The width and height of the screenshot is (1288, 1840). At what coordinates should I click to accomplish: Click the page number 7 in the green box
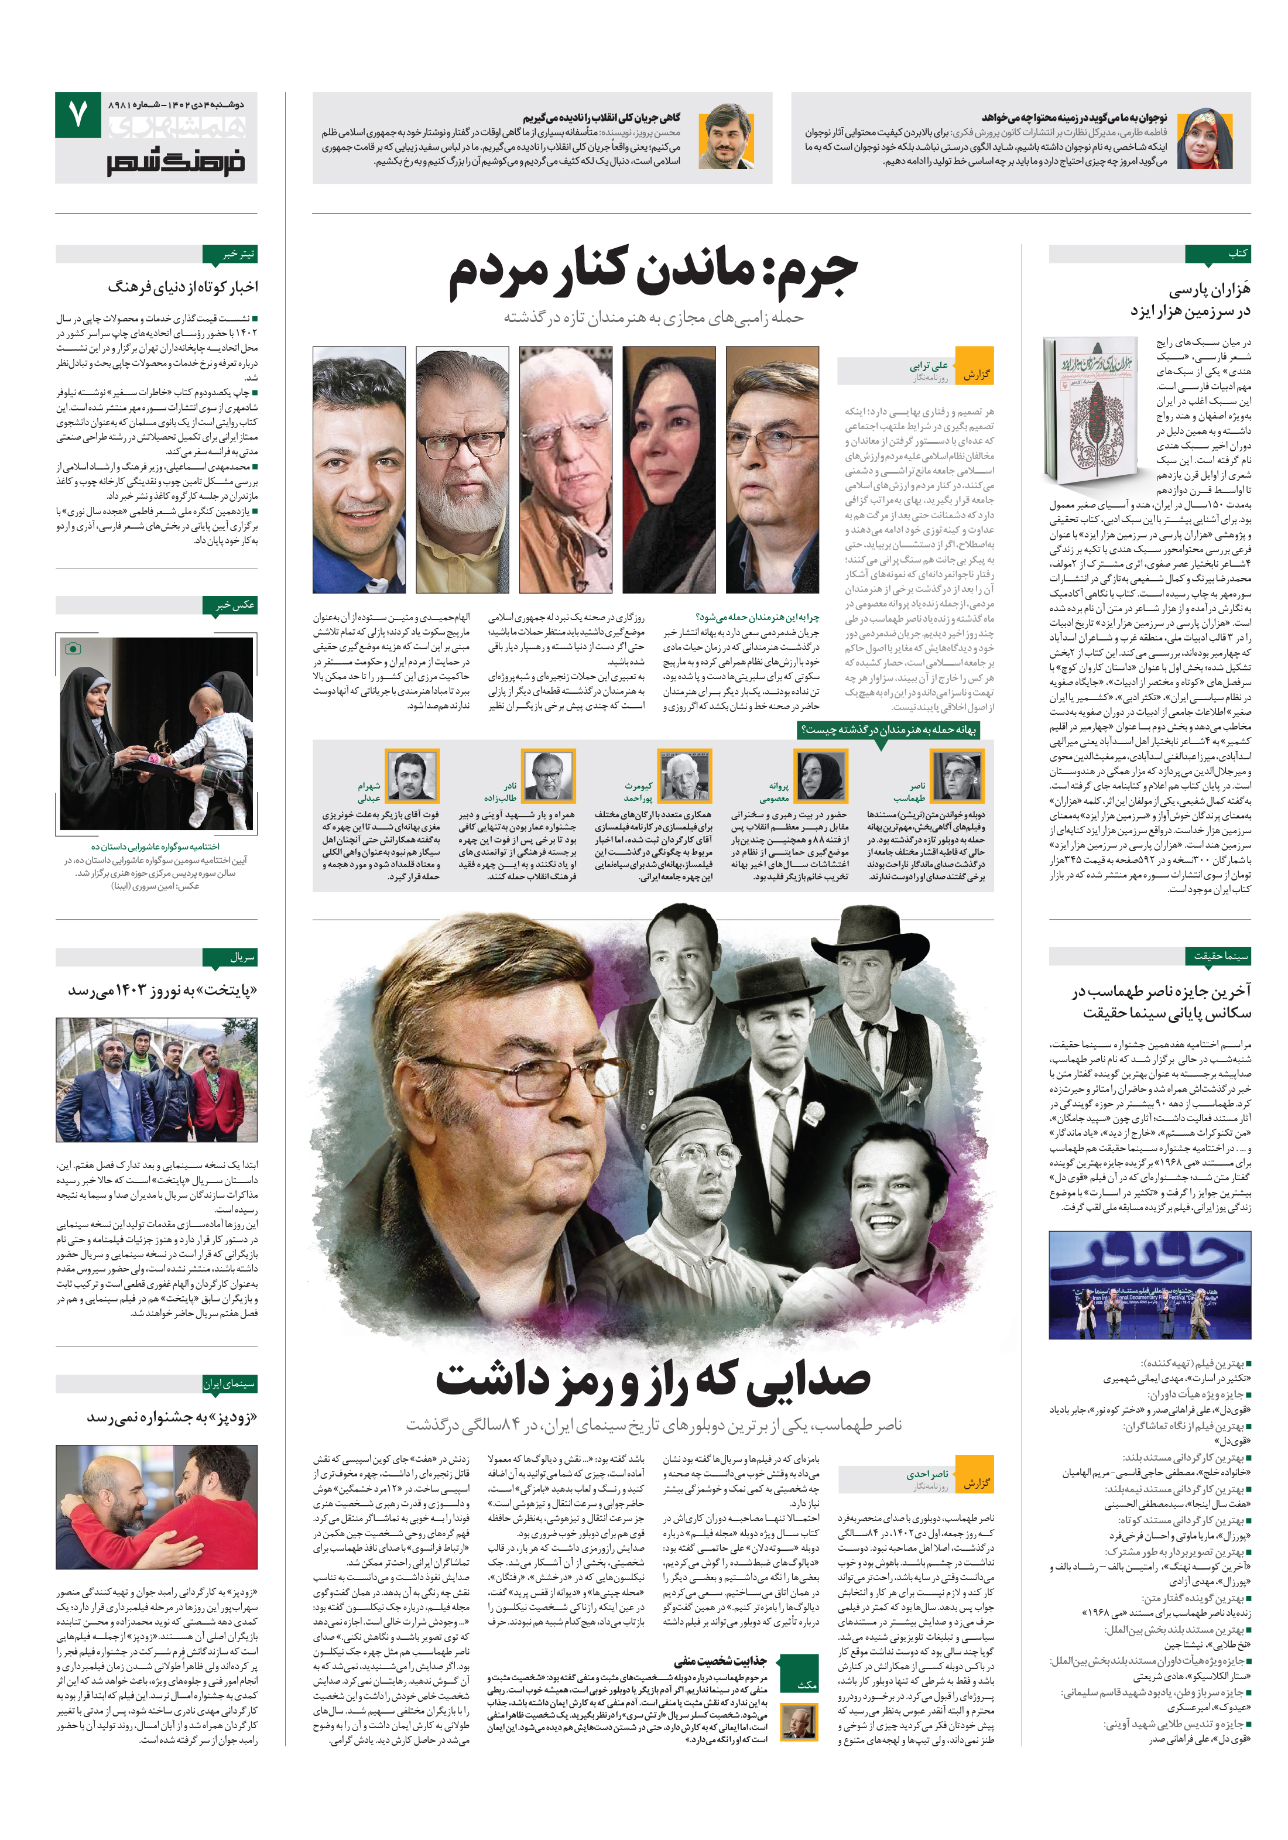click(x=78, y=115)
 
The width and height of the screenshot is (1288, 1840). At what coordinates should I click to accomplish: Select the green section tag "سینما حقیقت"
click(x=1220, y=955)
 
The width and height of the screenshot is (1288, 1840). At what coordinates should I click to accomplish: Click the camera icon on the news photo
click(x=73, y=647)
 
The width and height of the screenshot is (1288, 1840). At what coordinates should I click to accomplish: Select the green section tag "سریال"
click(x=241, y=956)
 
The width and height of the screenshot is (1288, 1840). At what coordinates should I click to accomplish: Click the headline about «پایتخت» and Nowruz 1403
click(x=162, y=991)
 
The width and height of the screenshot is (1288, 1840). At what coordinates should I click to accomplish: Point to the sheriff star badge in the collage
click(x=912, y=1091)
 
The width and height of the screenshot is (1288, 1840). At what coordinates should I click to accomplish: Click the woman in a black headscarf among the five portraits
click(x=669, y=469)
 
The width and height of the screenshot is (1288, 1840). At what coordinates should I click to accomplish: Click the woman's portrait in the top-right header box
click(x=1204, y=138)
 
